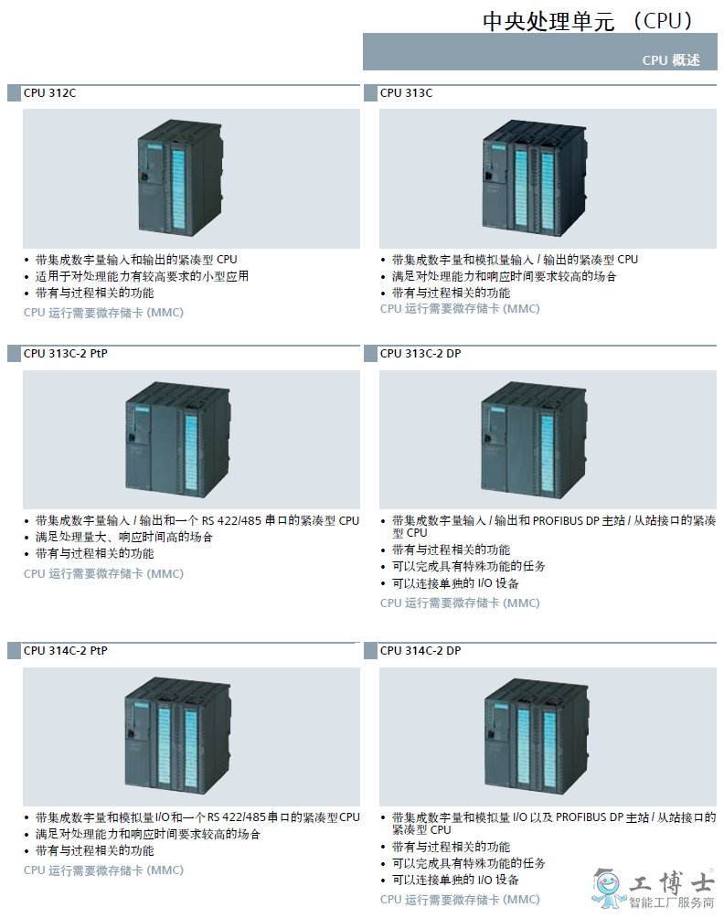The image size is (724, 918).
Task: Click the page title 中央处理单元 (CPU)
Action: click(x=588, y=21)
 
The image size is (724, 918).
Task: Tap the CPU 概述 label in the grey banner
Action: click(x=671, y=60)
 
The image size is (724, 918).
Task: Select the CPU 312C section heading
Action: click(x=49, y=93)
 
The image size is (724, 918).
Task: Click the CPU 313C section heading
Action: click(x=406, y=93)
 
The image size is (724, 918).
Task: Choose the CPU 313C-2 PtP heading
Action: click(x=66, y=354)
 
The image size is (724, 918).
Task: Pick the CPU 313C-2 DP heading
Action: click(x=421, y=354)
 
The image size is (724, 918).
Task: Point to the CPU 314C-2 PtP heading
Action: click(x=66, y=650)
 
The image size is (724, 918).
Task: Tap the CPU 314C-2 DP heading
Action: click(x=421, y=650)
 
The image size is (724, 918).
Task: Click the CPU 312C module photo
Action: click(x=180, y=177)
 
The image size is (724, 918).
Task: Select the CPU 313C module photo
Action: click(x=534, y=177)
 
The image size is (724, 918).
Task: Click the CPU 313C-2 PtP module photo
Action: click(x=178, y=439)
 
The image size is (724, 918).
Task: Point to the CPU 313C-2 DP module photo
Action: click(x=533, y=440)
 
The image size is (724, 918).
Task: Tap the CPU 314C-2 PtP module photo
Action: click(x=177, y=736)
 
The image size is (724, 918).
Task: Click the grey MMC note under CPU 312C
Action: click(x=103, y=313)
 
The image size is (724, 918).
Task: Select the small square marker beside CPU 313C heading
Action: click(x=370, y=93)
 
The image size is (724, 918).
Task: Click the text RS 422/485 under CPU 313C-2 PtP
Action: click(x=232, y=520)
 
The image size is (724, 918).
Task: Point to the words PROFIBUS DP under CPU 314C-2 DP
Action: click(x=590, y=817)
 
